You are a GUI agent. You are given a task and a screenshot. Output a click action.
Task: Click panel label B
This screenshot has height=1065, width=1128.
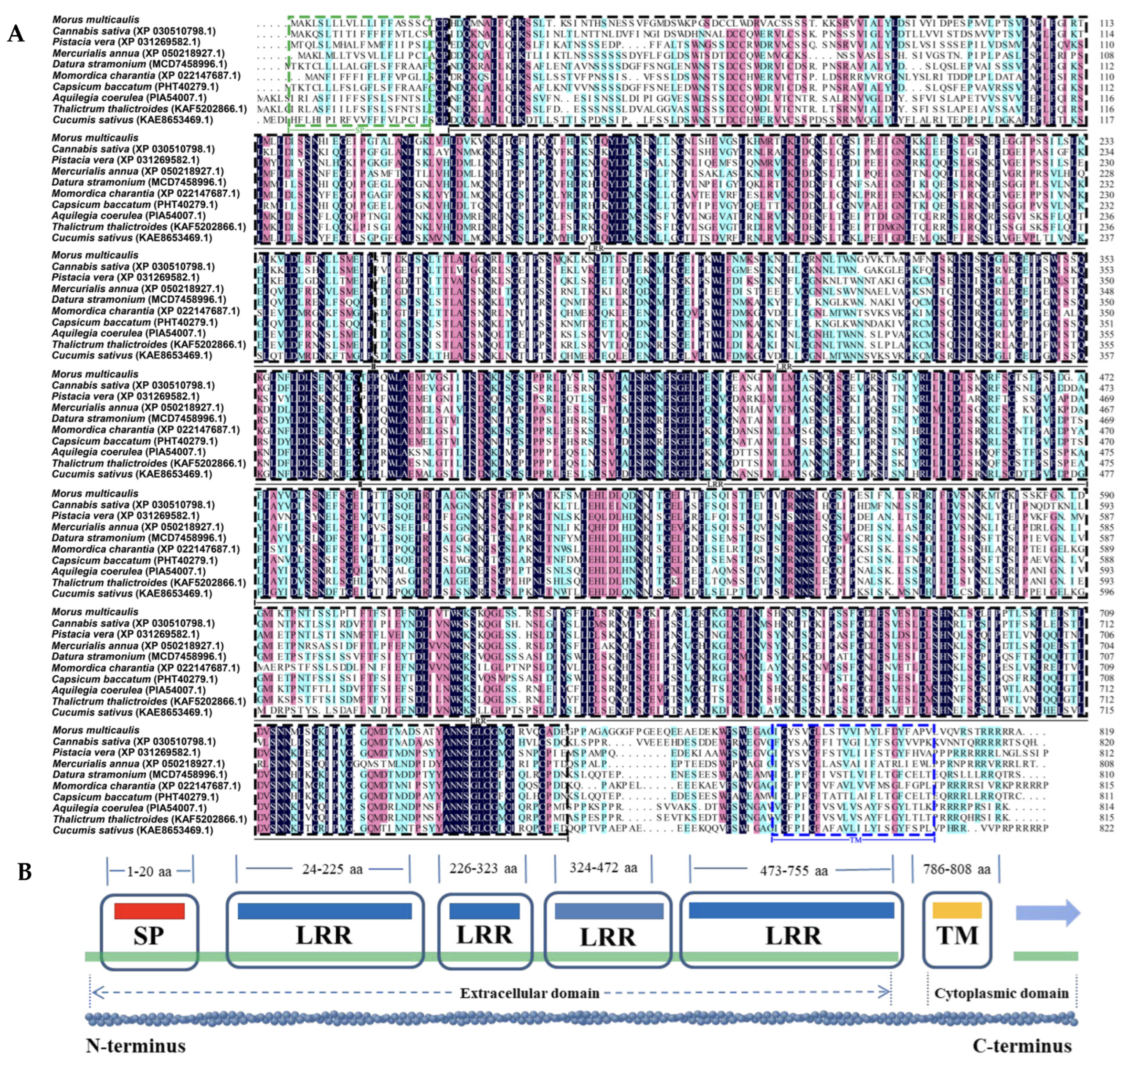pos(24,872)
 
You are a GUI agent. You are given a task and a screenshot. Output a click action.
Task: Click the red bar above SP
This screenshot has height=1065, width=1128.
pos(149,911)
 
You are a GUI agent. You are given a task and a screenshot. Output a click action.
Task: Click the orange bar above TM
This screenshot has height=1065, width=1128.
pos(957,910)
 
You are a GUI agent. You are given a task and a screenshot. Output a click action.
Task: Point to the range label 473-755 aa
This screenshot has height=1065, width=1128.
pos(793,870)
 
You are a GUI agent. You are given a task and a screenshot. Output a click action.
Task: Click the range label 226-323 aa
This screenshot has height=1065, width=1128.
pos(483,869)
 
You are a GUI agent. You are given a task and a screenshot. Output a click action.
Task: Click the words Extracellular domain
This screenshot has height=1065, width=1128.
pos(529,993)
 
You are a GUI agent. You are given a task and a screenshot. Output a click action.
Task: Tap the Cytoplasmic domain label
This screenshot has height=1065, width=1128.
pos(1001,993)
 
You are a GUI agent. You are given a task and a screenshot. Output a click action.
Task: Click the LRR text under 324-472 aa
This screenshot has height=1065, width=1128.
pos(607,937)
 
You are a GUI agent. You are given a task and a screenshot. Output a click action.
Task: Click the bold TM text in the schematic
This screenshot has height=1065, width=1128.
pos(957,935)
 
